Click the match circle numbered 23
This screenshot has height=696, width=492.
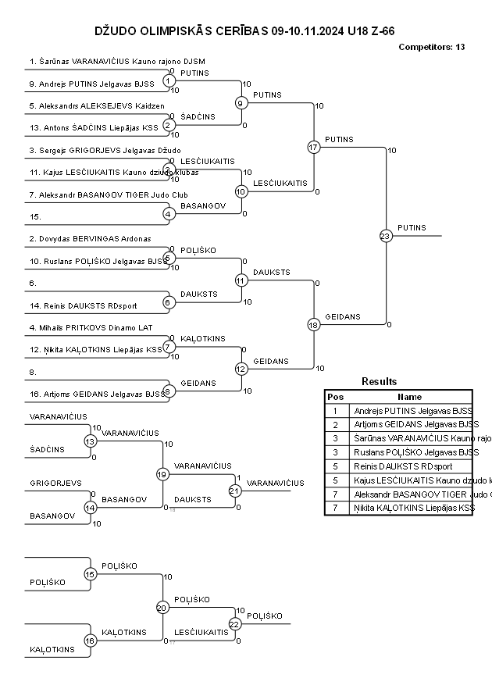pyautogui.click(x=385, y=236)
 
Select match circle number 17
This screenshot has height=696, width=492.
pyautogui.click(x=313, y=147)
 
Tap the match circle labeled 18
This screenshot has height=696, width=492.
pyautogui.click(x=313, y=325)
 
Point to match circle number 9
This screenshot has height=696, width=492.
pyautogui.click(x=241, y=102)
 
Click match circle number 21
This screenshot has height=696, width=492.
pyautogui.click(x=234, y=491)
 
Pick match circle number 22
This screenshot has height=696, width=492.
pyautogui.click(x=234, y=623)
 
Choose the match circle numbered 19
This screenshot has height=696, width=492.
pyautogui.click(x=162, y=474)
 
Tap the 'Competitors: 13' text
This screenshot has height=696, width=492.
pyautogui.click(x=431, y=47)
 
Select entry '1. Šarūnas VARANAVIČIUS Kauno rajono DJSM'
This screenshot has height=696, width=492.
pyautogui.click(x=117, y=61)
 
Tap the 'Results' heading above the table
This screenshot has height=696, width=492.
pyautogui.click(x=379, y=381)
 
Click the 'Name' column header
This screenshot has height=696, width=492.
pyautogui.click(x=409, y=396)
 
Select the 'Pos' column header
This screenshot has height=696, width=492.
pyautogui.click(x=335, y=396)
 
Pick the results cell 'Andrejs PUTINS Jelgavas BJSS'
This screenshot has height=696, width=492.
pyautogui.click(x=412, y=410)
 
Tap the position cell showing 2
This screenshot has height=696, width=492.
pyautogui.click(x=335, y=424)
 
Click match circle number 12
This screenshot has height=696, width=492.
pyautogui.click(x=241, y=369)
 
